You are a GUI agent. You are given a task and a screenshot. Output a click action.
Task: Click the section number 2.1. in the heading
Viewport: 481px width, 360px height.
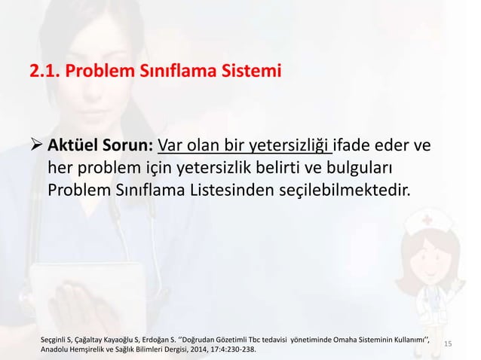[44, 72]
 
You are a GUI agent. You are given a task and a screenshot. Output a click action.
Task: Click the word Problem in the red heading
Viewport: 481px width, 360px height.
[100, 72]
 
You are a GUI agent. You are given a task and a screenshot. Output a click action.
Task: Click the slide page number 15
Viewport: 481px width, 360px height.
[448, 343]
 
